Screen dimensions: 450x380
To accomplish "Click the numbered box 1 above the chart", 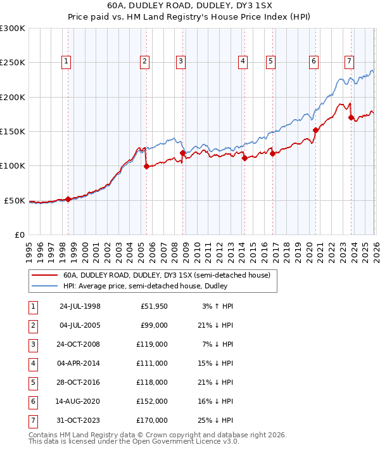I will pos(66,61).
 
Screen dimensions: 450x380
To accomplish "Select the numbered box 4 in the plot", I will pos(243,61).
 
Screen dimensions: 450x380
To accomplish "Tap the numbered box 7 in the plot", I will pos(349,61).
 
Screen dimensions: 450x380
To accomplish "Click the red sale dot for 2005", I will pos(146,167).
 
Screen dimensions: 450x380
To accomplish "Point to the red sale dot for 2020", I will pos(315,130).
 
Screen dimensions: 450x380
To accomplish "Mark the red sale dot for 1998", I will pos(68,199).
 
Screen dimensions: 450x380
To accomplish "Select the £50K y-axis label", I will pos(15,200).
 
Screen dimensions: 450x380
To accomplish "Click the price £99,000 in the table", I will pos(154,325).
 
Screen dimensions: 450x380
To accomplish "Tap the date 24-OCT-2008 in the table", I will pos(80,345).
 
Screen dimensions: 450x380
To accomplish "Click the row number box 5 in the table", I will pos(32,383).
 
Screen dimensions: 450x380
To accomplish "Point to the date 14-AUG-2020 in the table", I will pos(80,402).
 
